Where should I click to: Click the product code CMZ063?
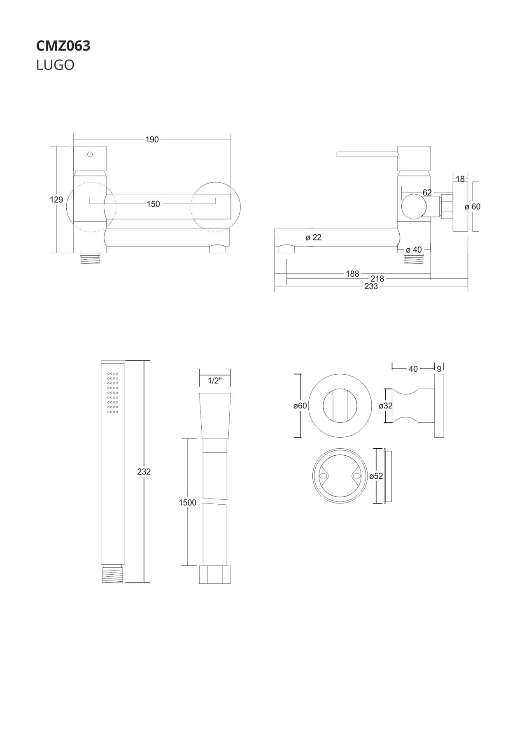(x=63, y=46)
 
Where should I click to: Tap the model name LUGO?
(x=55, y=65)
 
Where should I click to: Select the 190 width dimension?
(x=152, y=140)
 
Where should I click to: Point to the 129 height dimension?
(x=56, y=200)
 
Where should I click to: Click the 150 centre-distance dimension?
(x=153, y=204)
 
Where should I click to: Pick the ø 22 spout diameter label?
(x=314, y=237)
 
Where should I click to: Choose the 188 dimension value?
(x=352, y=273)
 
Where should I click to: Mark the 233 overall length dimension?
(x=371, y=287)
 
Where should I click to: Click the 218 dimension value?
(x=377, y=279)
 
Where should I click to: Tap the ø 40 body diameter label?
(x=414, y=249)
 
